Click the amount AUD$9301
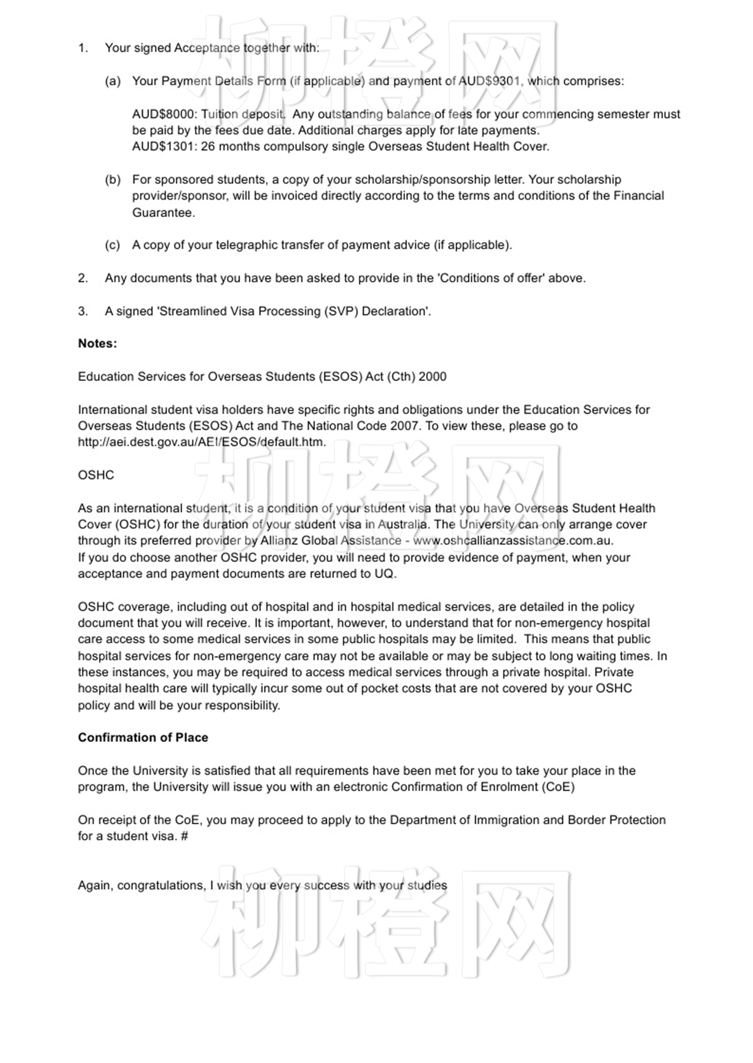pos(489,81)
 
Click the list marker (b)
pos(112,179)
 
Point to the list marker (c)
pos(112,245)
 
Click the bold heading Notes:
pos(97,343)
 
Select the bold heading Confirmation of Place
pos(143,737)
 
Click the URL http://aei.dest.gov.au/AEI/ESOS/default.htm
pos(202,442)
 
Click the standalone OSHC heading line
pos(96,475)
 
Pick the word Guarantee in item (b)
pos(161,212)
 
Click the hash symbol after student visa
pos(184,836)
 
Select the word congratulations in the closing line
pos(160,885)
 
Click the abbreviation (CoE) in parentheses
pos(557,787)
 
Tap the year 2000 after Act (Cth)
pos(432,376)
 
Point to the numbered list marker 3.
pos(83,311)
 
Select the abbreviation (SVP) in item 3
pos(341,311)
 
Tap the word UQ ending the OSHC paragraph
pos(384,573)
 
